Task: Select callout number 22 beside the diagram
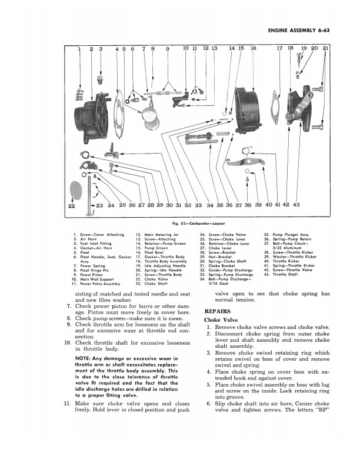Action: click(72, 205)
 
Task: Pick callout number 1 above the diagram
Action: click(80, 49)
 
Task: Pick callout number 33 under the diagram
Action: click(198, 205)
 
